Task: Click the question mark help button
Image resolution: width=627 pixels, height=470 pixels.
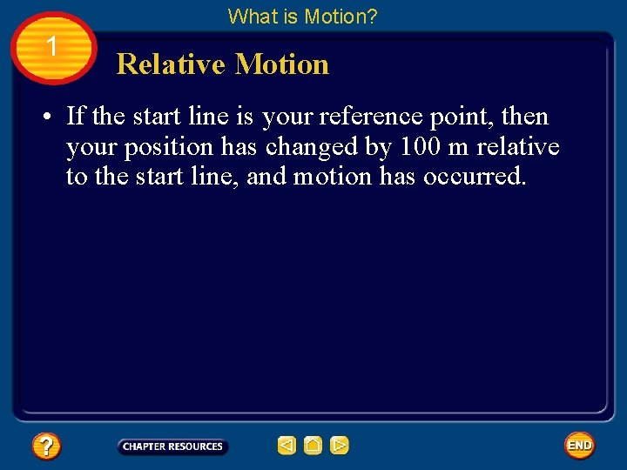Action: pyautogui.click(x=45, y=446)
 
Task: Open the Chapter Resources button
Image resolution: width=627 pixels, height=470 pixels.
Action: pyautogui.click(x=172, y=446)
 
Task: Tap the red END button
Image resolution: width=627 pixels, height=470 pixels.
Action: pyautogui.click(x=579, y=446)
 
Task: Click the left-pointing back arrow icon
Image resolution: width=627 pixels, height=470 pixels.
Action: pyautogui.click(x=287, y=446)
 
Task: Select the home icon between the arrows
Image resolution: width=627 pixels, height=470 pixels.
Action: pyautogui.click(x=313, y=446)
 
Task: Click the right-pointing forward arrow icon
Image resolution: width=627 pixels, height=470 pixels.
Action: pyautogui.click(x=340, y=446)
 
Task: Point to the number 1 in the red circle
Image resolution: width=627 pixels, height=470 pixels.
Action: pyautogui.click(x=52, y=47)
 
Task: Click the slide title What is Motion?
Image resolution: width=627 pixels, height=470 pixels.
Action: pyautogui.click(x=302, y=16)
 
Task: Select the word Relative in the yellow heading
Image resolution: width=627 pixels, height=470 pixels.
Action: pyautogui.click(x=171, y=64)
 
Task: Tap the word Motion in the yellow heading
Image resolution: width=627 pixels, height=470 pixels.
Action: pyautogui.click(x=282, y=64)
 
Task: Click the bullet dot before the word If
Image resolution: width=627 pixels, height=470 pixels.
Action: pyautogui.click(x=52, y=117)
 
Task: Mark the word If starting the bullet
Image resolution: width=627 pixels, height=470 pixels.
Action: pyautogui.click(x=75, y=117)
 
